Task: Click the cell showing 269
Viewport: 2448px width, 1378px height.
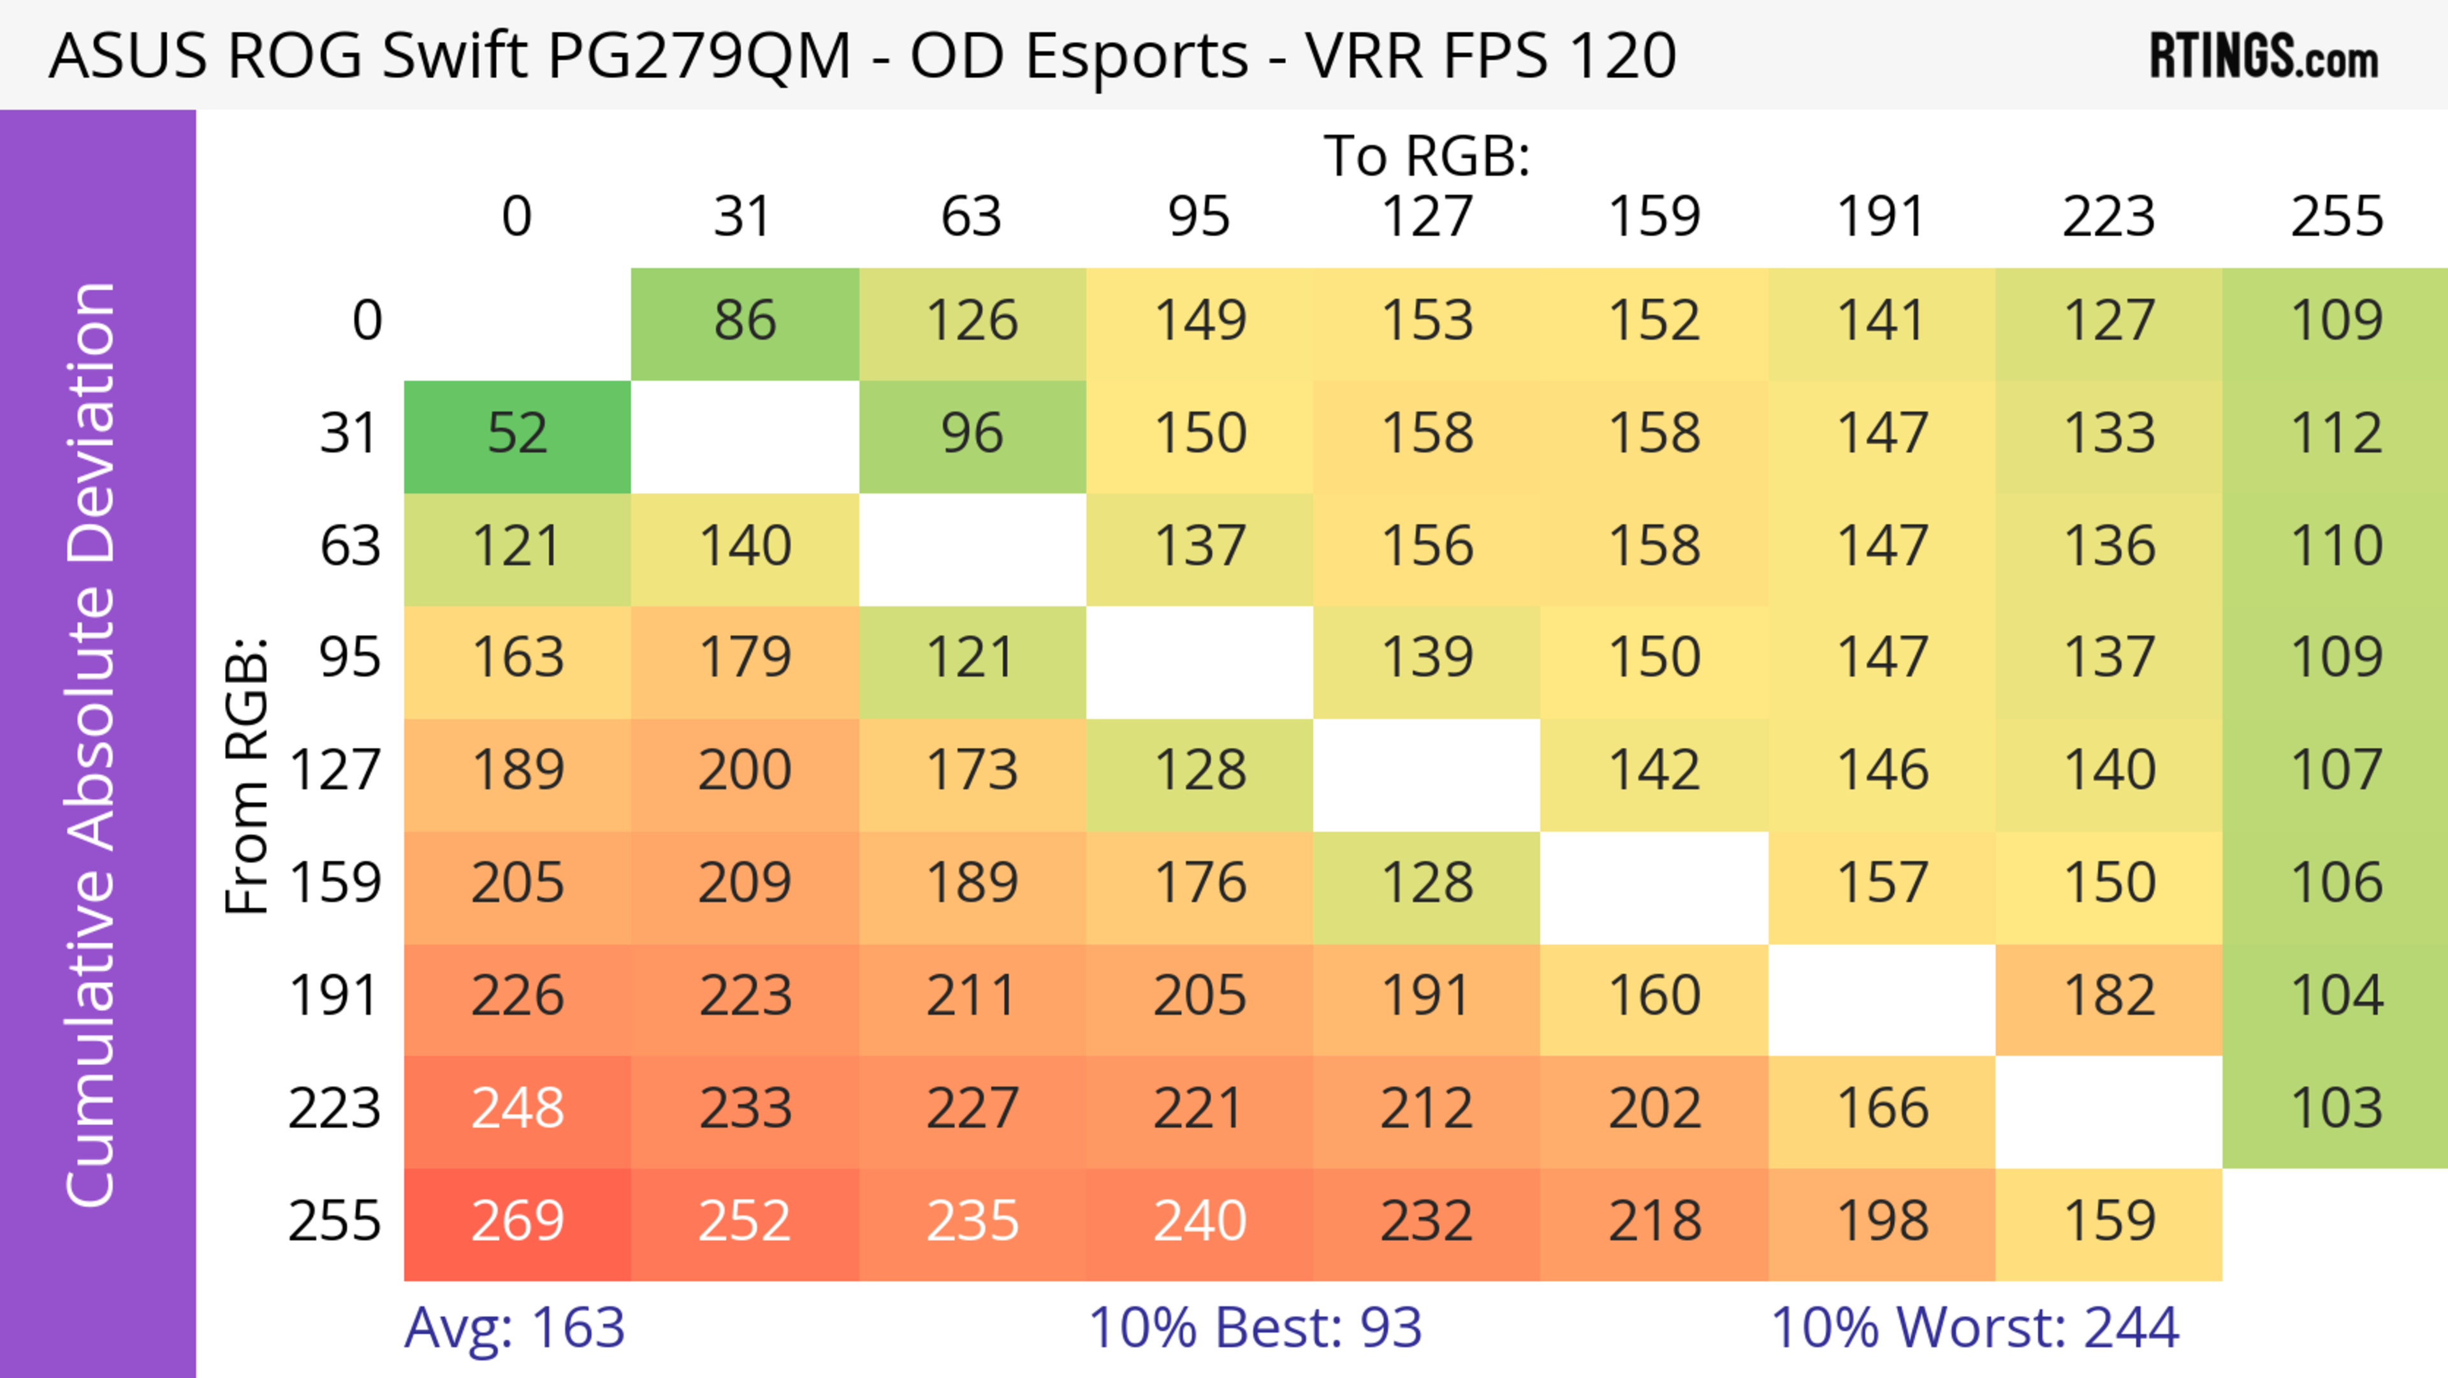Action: point(517,1222)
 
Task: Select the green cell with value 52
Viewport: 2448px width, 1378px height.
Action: point(517,434)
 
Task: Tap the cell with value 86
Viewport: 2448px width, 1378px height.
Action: point(745,321)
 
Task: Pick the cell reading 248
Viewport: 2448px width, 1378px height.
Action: point(517,1109)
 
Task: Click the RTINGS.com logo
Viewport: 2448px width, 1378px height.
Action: point(2264,57)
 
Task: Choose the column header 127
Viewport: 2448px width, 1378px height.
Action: point(1427,217)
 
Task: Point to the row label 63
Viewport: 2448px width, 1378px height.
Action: point(350,546)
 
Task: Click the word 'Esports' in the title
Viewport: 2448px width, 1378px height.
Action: point(1077,57)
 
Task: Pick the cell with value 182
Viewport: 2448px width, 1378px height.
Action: point(2109,996)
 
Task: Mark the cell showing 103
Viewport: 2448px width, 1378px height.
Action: point(2336,1109)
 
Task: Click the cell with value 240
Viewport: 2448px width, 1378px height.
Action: point(1199,1222)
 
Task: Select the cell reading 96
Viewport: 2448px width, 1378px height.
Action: point(972,434)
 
